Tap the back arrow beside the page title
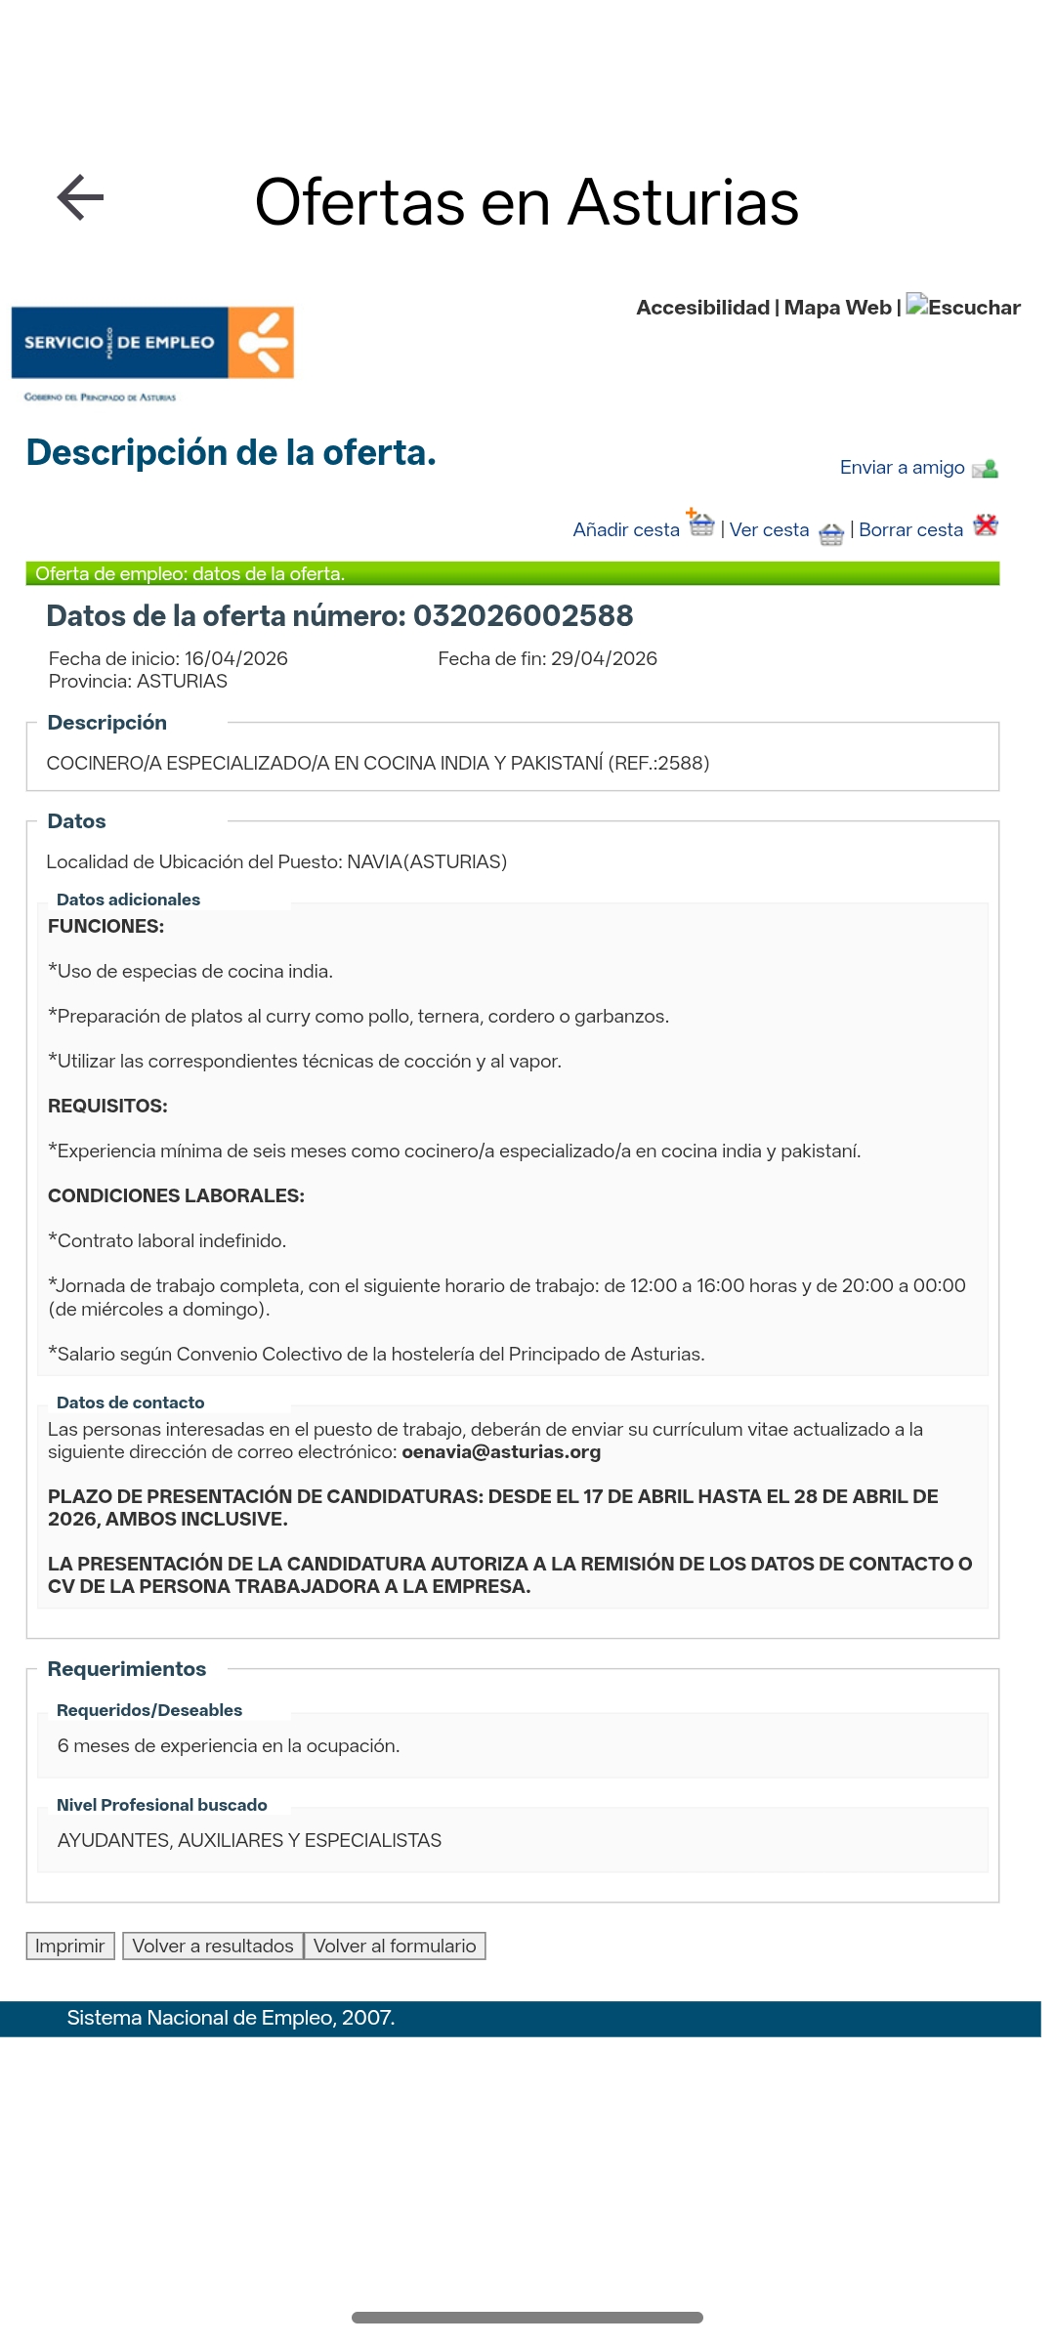click(81, 198)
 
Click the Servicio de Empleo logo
click(152, 343)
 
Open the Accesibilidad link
click(702, 308)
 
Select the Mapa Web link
click(837, 308)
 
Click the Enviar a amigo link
click(902, 468)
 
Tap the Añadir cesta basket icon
click(700, 523)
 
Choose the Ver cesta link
click(769, 530)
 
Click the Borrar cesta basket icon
click(986, 524)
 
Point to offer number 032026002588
click(523, 616)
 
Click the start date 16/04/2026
click(235, 659)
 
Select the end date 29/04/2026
click(604, 659)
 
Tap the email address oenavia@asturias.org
click(501, 1452)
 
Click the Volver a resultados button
click(212, 1946)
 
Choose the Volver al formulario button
click(395, 1946)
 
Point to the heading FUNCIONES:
click(105, 927)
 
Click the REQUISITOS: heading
click(107, 1107)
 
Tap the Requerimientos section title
click(127, 1669)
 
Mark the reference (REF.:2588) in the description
click(658, 764)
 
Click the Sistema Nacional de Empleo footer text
click(231, 2018)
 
